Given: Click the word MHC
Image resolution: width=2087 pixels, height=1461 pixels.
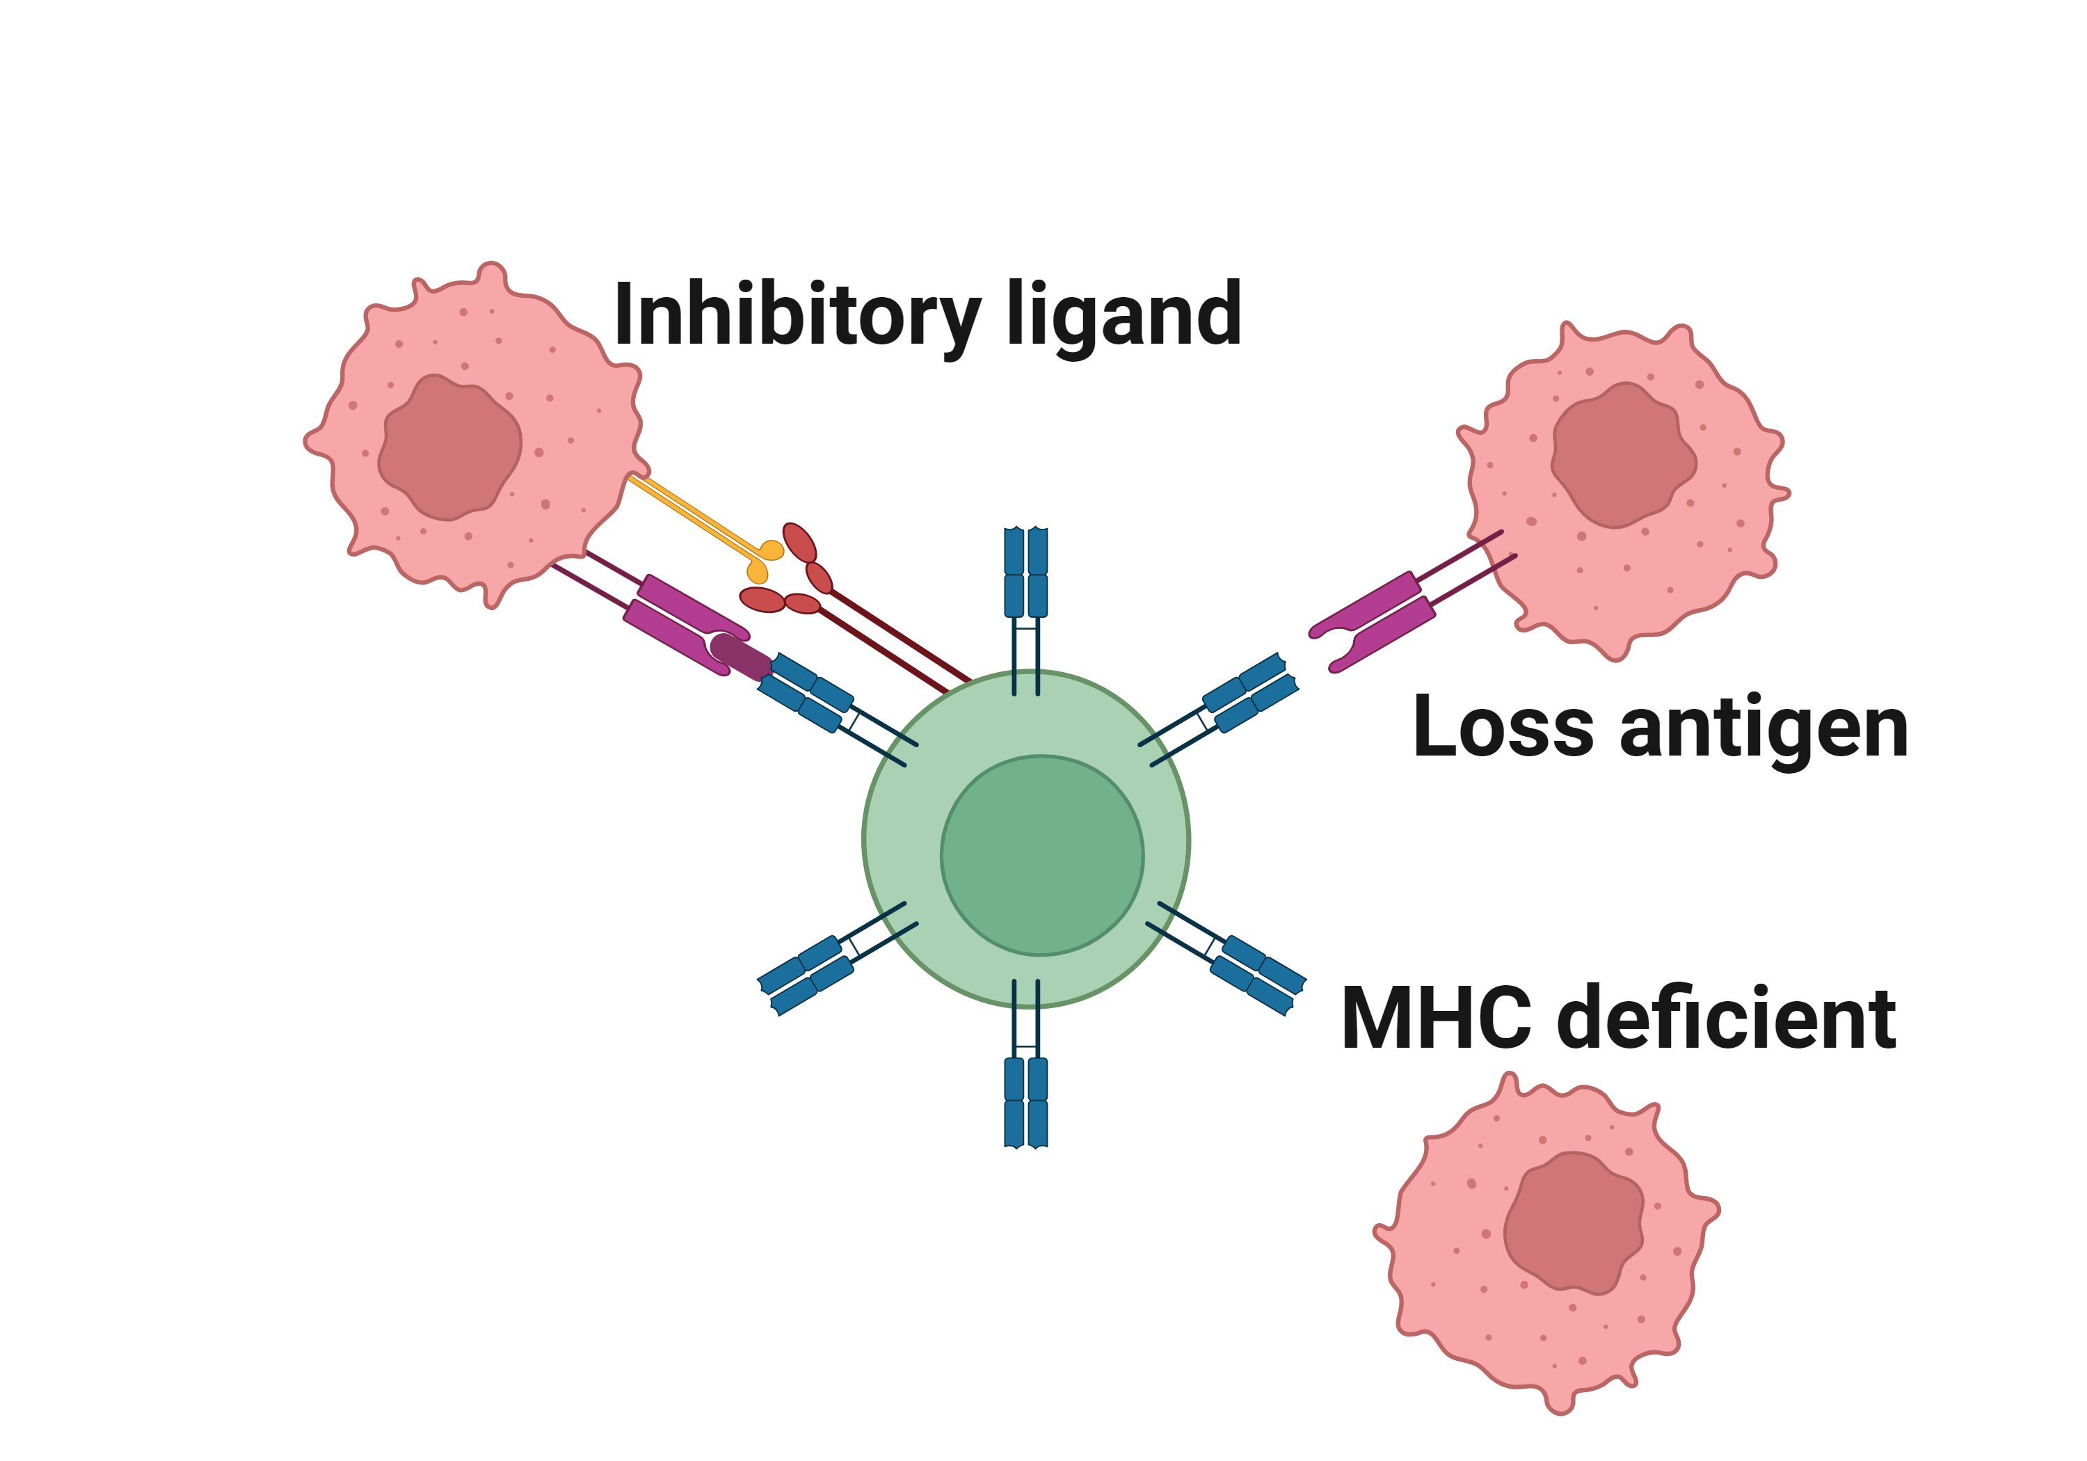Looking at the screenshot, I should [x=1436, y=1019].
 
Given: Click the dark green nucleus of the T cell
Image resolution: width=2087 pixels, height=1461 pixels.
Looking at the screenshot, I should [x=1041, y=854].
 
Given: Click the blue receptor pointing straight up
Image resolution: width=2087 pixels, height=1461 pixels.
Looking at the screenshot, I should [x=1025, y=573].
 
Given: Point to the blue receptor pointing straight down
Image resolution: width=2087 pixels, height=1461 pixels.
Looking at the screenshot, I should [x=1025, y=1100].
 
